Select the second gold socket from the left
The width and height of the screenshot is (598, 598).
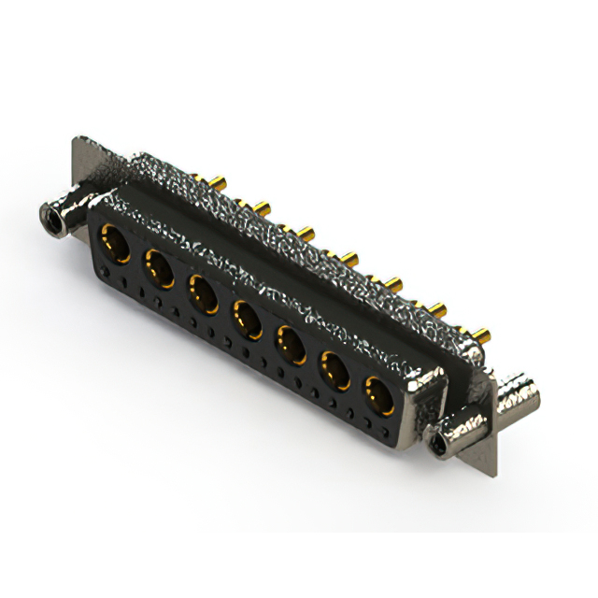(159, 270)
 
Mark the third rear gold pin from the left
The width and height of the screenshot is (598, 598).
(306, 231)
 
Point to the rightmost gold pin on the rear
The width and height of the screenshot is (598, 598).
(483, 333)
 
